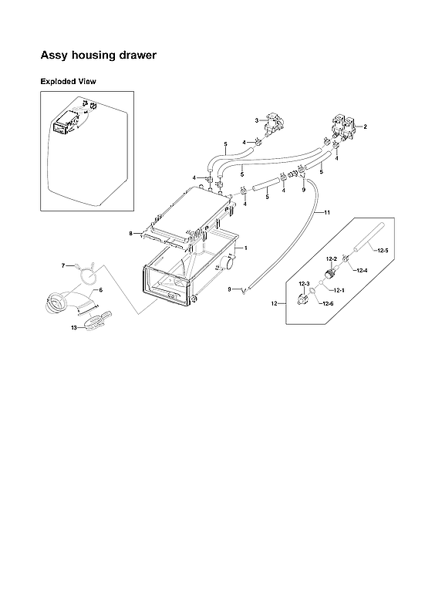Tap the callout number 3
[256, 120]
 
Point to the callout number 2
[365, 126]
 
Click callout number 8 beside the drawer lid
[132, 232]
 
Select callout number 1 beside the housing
[245, 248]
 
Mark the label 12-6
[329, 304]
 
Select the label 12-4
[362, 270]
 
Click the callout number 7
[64, 265]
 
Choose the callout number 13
[74, 327]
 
